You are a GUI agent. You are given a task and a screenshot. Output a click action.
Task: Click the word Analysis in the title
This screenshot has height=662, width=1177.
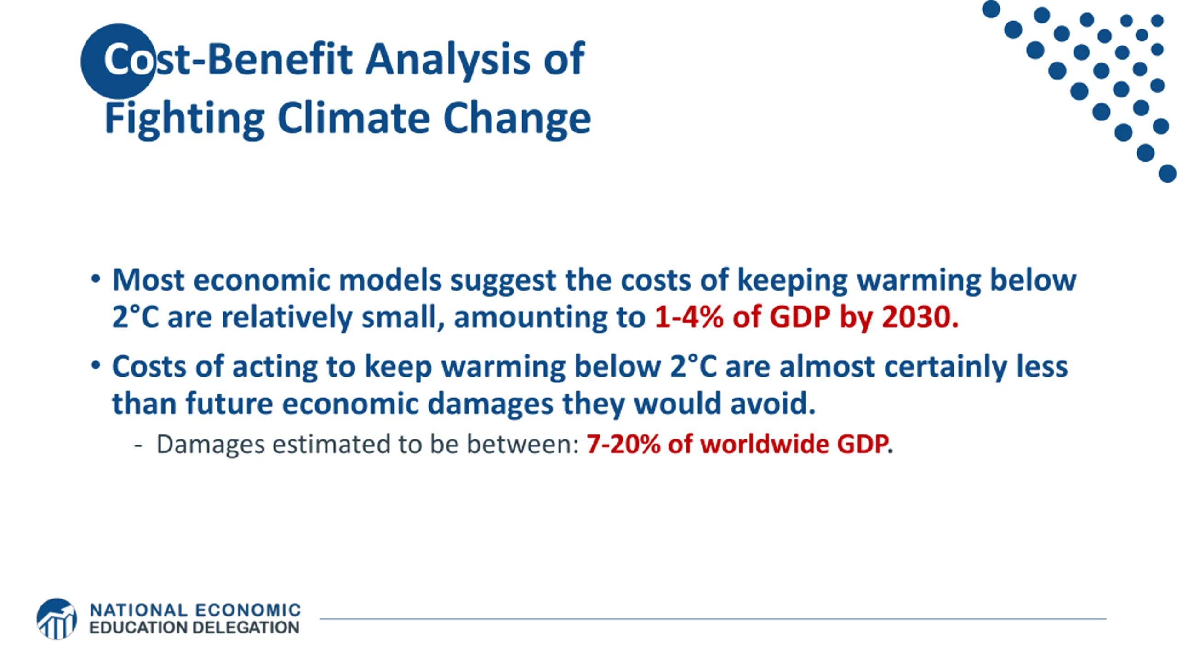click(x=448, y=60)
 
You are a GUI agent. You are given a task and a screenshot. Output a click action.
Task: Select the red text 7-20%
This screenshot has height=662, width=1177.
click(x=623, y=445)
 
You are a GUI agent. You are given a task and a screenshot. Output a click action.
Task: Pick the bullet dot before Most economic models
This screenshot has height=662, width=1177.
click(x=96, y=279)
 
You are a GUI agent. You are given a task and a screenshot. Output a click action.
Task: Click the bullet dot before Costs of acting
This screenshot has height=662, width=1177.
click(x=96, y=365)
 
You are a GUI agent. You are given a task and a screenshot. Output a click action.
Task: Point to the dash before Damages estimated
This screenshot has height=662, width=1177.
click(x=138, y=445)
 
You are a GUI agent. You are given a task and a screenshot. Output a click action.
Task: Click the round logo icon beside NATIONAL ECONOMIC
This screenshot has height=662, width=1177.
click(x=57, y=619)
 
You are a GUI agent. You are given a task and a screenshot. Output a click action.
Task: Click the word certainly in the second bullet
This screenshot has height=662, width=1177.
click(x=945, y=367)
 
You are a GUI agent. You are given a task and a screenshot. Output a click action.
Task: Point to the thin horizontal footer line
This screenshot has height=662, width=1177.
click(x=713, y=619)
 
